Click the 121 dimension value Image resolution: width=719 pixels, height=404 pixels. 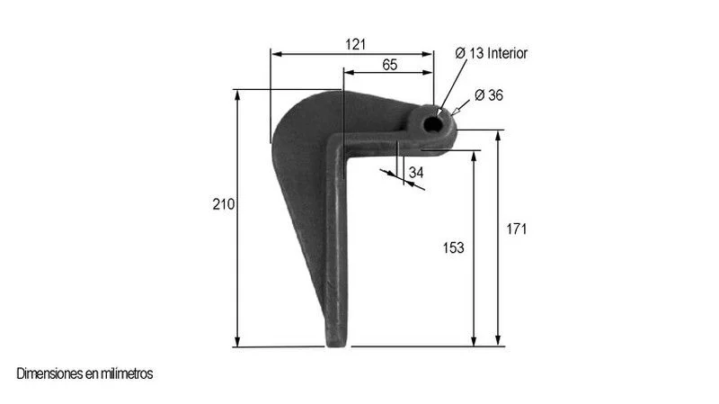355,44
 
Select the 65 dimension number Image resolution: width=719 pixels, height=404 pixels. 389,65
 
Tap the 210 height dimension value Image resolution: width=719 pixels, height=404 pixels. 223,204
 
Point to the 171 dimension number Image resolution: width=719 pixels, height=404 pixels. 516,229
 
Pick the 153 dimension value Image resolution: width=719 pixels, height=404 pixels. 453,248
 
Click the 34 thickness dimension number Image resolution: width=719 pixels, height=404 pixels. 416,173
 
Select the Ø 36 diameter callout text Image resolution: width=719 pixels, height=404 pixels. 489,95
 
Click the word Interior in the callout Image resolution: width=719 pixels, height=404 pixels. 507,53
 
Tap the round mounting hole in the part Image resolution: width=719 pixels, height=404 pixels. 431,123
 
